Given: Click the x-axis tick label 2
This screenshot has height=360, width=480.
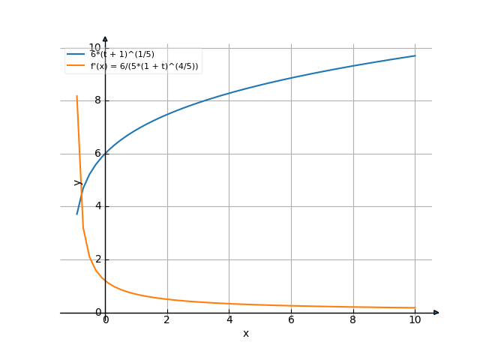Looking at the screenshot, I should [x=166, y=320].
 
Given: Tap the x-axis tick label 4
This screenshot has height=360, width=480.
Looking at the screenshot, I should [x=229, y=320].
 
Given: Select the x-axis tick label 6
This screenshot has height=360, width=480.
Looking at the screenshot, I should [x=291, y=320].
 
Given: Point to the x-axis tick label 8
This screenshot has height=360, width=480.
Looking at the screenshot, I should [x=352, y=320].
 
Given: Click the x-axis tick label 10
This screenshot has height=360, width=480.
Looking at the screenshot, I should [x=415, y=320].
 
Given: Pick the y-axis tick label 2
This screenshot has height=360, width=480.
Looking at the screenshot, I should [x=97, y=259].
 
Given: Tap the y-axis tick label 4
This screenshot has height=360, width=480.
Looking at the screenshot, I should [x=97, y=207].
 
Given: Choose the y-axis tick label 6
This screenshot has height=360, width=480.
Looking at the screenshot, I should [x=97, y=154].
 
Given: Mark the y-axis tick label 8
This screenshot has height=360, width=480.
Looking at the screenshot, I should [x=97, y=101].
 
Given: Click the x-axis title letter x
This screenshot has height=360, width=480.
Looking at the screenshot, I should [x=245, y=334].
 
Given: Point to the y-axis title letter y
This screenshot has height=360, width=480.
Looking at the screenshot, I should [x=76, y=181].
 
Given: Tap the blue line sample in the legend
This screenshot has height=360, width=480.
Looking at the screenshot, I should [x=75, y=55].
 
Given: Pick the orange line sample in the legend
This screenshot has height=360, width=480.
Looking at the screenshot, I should [x=75, y=67].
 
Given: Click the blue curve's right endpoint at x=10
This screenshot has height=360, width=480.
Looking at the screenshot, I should [x=415, y=55].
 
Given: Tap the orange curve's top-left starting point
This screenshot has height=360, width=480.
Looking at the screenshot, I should [x=76, y=96].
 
